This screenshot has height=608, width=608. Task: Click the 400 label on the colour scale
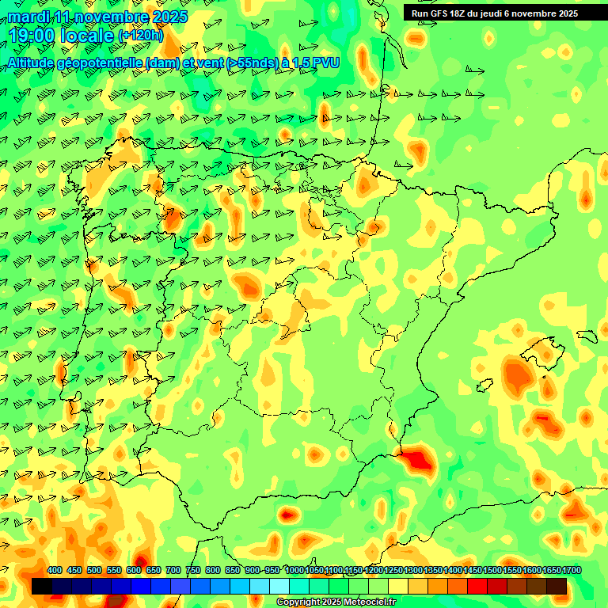[x=55, y=570]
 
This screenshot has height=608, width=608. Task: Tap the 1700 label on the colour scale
[x=551, y=570]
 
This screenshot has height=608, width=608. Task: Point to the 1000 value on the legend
[x=294, y=570]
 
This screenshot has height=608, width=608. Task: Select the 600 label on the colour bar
[x=134, y=570]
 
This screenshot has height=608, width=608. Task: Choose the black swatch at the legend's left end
[x=42, y=587]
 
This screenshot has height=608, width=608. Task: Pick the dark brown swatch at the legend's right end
[x=557, y=587]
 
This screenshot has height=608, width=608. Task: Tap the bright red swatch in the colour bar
[x=477, y=587]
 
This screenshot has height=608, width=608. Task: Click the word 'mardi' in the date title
[x=28, y=17]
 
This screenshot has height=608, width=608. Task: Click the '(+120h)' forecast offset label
[x=140, y=36]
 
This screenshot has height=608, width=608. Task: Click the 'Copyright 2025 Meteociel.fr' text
[x=336, y=602]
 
